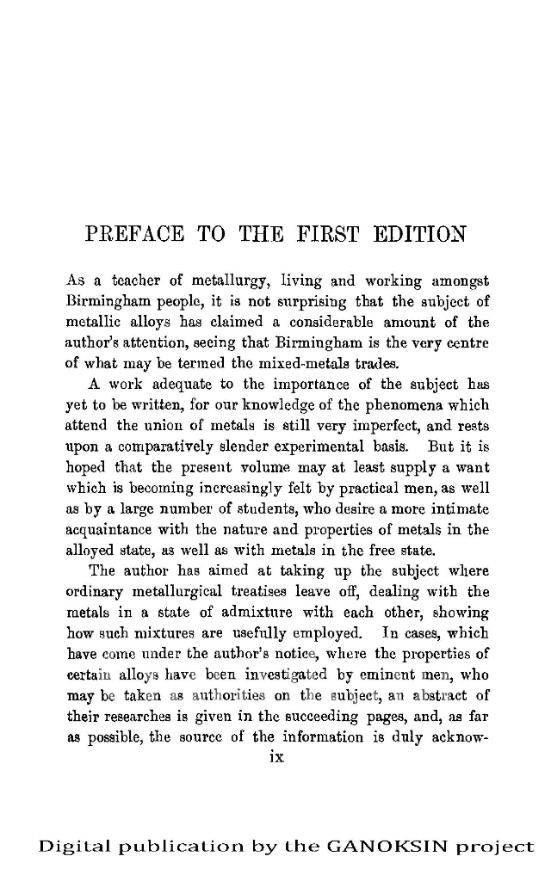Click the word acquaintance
click(x=110, y=528)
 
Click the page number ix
click(x=276, y=757)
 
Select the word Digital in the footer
click(x=69, y=847)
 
